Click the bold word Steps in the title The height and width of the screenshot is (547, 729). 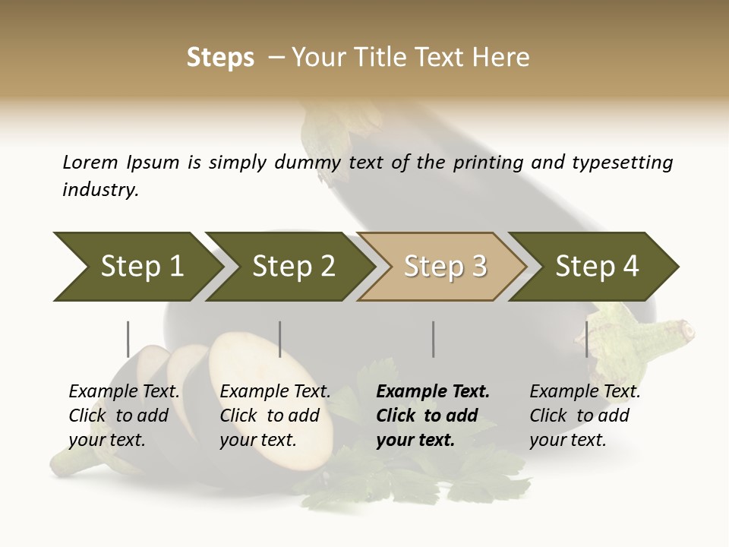click(x=220, y=58)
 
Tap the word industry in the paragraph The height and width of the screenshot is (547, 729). click(x=99, y=190)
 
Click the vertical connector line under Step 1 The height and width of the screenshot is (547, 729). click(x=128, y=339)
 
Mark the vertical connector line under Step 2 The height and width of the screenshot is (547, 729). click(x=280, y=339)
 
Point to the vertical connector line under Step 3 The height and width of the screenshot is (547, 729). click(x=433, y=339)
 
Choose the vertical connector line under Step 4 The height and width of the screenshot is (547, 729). click(x=586, y=339)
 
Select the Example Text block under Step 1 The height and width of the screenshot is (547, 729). click(x=124, y=416)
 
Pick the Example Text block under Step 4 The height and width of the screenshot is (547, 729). click(x=584, y=416)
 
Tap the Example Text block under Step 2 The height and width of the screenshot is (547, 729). click(x=275, y=416)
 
